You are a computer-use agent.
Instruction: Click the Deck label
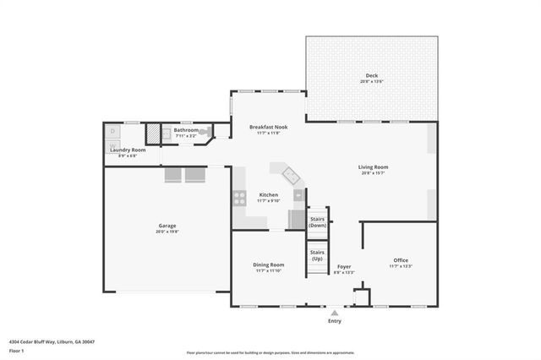pyautogui.click(x=372, y=74)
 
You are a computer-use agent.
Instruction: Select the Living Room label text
pyautogui.click(x=373, y=167)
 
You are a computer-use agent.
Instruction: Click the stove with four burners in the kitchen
pyautogui.click(x=238, y=199)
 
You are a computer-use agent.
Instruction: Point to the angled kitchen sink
pyautogui.click(x=290, y=176)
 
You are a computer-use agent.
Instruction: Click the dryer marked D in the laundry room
pyautogui.click(x=113, y=132)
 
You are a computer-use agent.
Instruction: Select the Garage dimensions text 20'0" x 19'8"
pyautogui.click(x=167, y=232)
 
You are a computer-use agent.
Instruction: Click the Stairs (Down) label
pyautogui.click(x=317, y=222)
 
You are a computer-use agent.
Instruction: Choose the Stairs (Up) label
pyautogui.click(x=317, y=254)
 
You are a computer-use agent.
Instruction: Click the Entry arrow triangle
pyautogui.click(x=335, y=313)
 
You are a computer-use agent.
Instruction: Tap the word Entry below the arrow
pyautogui.click(x=335, y=321)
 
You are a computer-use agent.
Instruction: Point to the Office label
pyautogui.click(x=401, y=259)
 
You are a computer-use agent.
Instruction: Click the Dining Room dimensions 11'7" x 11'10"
pyautogui.click(x=268, y=271)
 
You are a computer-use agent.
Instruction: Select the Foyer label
pyautogui.click(x=344, y=266)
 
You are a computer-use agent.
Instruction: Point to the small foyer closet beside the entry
pyautogui.click(x=361, y=298)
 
